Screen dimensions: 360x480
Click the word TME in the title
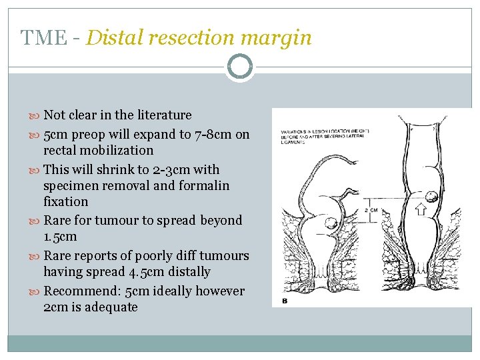[44, 38]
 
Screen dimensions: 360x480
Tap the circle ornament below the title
[240, 67]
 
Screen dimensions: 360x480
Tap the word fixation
[65, 201]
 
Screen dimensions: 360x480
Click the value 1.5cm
[60, 237]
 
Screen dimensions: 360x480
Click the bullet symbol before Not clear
[36, 116]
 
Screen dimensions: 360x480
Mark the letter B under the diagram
[285, 301]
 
